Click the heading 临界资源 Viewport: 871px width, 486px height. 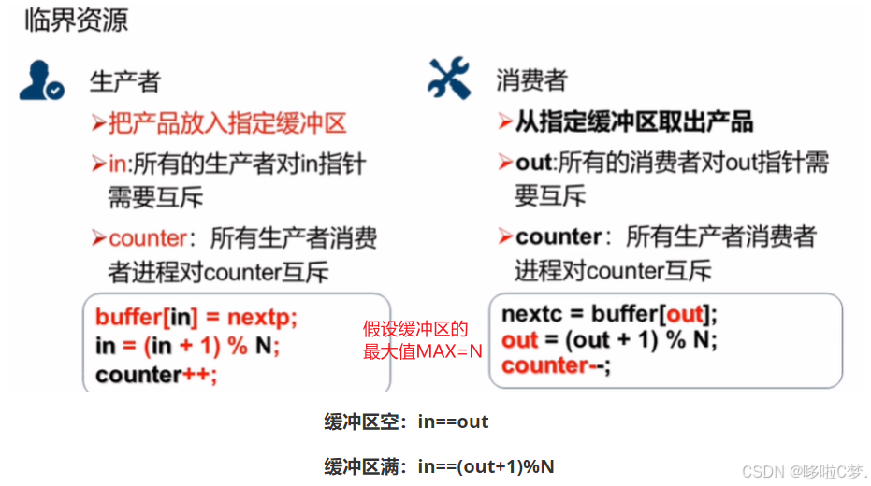[77, 21]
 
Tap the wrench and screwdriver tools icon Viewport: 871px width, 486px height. [448, 79]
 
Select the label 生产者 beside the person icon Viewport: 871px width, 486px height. [124, 81]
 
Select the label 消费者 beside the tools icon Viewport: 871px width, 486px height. [531, 81]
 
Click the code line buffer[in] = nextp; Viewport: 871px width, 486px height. [196, 318]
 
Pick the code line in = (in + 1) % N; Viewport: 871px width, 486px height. [187, 346]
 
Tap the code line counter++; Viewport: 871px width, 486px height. [155, 374]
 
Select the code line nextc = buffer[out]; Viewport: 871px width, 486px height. [609, 314]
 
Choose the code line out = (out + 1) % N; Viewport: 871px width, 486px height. [609, 339]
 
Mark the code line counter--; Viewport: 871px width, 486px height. [556, 365]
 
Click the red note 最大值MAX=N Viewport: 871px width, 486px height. [423, 352]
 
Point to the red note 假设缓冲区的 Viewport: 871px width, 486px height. [414, 329]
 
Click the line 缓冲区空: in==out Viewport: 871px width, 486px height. [406, 422]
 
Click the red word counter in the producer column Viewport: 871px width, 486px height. [148, 237]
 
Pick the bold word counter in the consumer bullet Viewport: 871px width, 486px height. [558, 237]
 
